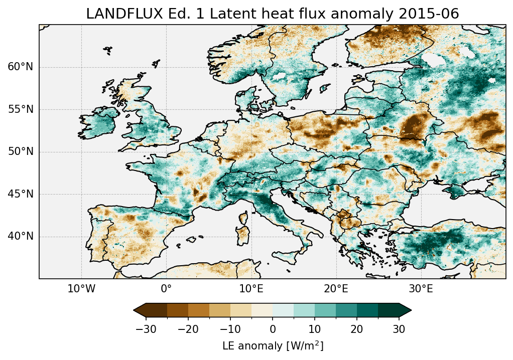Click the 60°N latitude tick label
[x=20, y=67]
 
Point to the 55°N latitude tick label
[x=20, y=109]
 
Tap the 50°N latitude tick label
[x=20, y=152]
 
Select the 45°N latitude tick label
[x=20, y=194]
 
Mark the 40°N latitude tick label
[x=20, y=236]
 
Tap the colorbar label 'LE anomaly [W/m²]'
[x=273, y=346]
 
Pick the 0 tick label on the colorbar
[x=273, y=329]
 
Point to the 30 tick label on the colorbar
[x=399, y=329]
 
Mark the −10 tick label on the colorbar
[x=230, y=329]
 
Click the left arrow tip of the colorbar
[x=135, y=310]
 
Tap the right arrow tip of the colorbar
[x=411, y=310]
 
